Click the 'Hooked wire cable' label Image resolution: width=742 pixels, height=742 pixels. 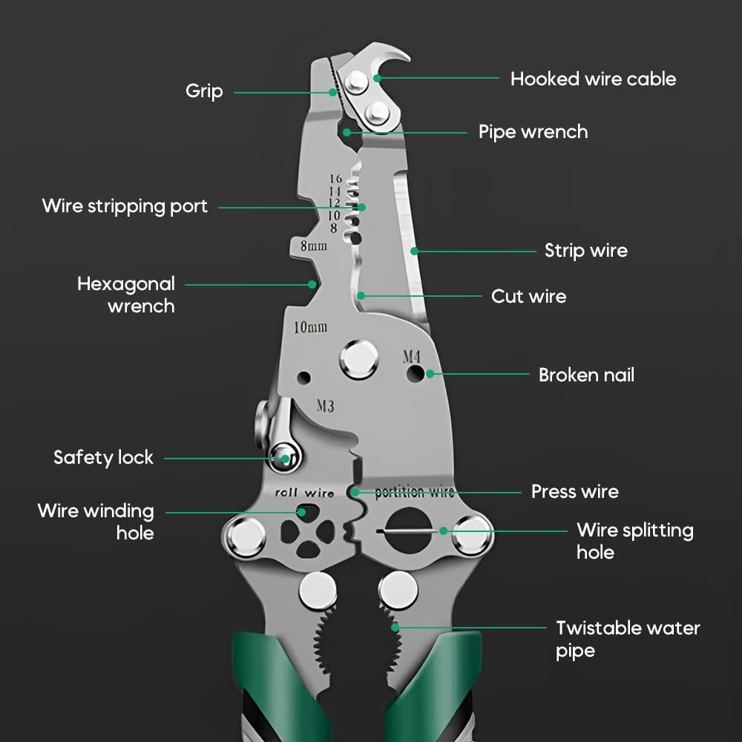(593, 79)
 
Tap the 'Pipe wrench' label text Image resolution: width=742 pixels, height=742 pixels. (533, 132)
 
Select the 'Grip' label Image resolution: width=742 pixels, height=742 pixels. (204, 91)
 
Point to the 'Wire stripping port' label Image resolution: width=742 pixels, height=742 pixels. (125, 206)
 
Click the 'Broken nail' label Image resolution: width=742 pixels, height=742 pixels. (586, 375)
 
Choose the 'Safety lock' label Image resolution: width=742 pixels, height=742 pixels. (103, 457)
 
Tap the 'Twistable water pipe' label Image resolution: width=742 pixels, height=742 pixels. (628, 639)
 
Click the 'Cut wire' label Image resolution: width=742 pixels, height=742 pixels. (528, 296)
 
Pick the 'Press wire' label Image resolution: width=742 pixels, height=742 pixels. (574, 491)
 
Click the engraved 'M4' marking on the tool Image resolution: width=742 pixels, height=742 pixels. (412, 356)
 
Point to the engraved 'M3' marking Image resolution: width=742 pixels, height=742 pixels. (325, 406)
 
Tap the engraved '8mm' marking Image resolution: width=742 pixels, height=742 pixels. (313, 246)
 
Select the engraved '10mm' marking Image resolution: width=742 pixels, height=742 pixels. (311, 326)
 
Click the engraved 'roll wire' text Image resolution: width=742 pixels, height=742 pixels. (304, 493)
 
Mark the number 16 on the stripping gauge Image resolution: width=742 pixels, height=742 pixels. (336, 179)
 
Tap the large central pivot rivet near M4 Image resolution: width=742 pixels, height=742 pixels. (359, 359)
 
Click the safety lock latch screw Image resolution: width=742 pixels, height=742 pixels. (283, 454)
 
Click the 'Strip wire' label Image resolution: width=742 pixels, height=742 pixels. (585, 250)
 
